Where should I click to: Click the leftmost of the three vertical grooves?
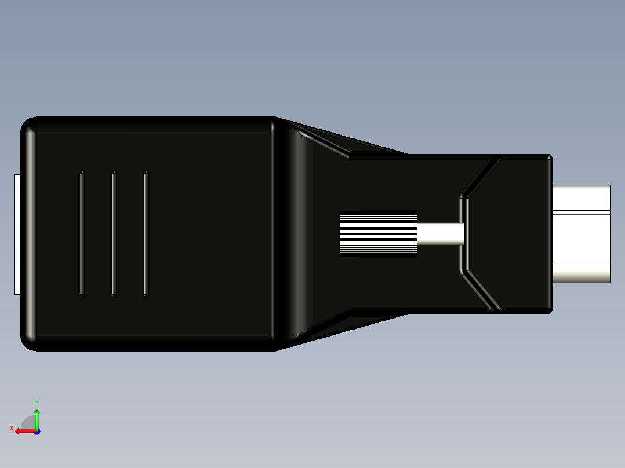coord(82,234)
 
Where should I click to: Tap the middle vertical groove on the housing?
coord(114,234)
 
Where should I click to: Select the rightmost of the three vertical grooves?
coord(146,234)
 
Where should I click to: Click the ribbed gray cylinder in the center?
coord(378,234)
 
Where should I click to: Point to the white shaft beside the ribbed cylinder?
coord(440,234)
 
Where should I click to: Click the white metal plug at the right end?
coord(581,234)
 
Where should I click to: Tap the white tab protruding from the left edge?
coord(17,234)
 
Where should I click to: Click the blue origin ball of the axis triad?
coord(37,432)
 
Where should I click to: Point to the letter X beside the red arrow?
coord(11,429)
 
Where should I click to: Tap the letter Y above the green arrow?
coord(36,402)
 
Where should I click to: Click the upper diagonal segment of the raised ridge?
coord(481,177)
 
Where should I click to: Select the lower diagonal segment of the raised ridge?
coord(481,291)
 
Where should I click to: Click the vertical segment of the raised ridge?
coord(464,234)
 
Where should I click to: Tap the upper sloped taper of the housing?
coord(342,139)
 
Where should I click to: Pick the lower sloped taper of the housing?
coord(342,329)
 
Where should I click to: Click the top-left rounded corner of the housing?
coord(28,125)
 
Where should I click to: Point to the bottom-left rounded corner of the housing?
coord(28,342)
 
